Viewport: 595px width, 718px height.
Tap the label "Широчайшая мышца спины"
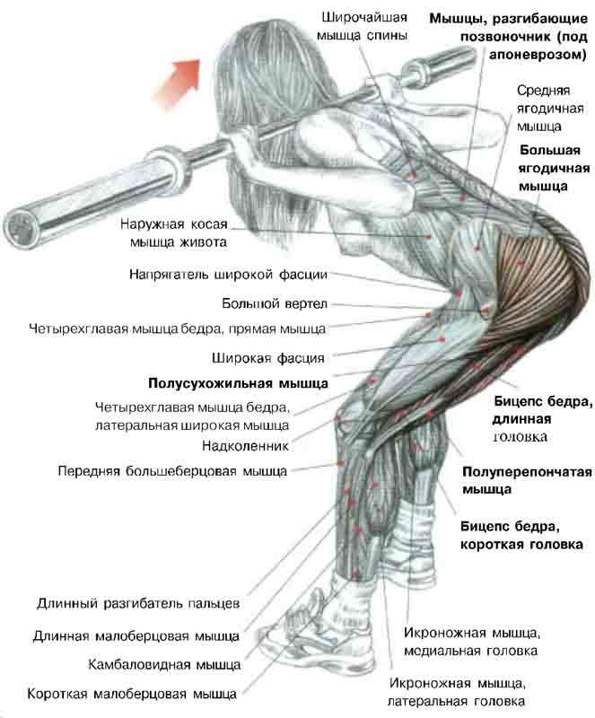pyautogui.click(x=363, y=27)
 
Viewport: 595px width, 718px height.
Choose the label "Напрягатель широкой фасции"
pyautogui.click(x=228, y=275)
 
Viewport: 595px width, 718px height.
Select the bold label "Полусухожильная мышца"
pyautogui.click(x=238, y=382)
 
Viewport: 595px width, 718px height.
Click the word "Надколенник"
pyautogui.click(x=245, y=444)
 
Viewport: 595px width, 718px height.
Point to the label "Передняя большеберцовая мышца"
pyautogui.click(x=172, y=469)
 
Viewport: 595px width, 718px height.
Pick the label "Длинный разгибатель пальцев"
pyautogui.click(x=138, y=602)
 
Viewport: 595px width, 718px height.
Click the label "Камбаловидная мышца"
pyautogui.click(x=163, y=665)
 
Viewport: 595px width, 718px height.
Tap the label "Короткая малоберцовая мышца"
pyautogui.click(x=133, y=694)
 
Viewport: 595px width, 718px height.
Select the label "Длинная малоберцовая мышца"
pyautogui.click(x=136, y=636)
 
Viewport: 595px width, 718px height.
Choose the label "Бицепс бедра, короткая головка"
pyautogui.click(x=521, y=535)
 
